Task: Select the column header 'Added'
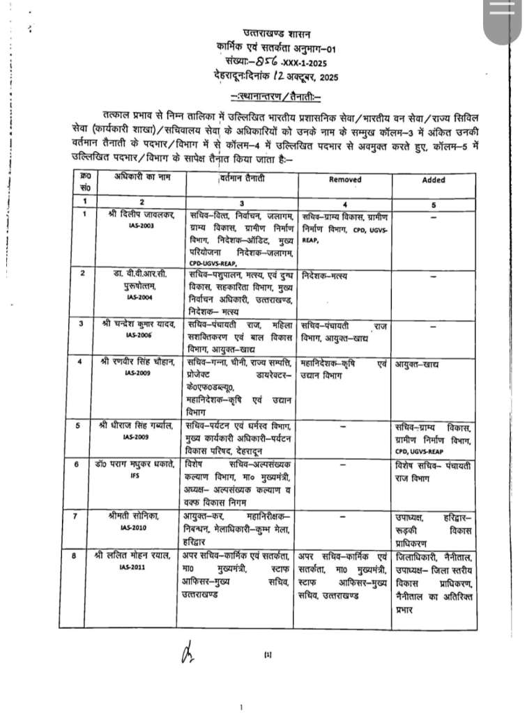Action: tap(434, 179)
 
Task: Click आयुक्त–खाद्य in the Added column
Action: tap(418, 364)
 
